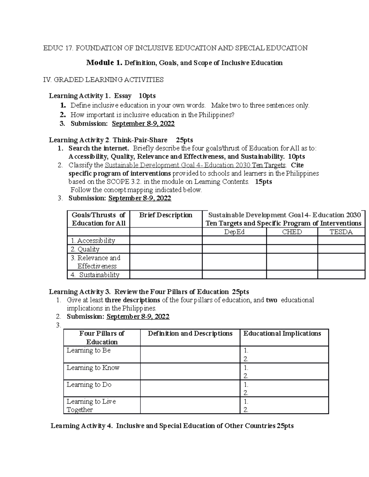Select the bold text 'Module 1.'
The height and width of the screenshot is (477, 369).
(x=104, y=63)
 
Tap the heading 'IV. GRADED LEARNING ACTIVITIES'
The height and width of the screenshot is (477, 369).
(x=103, y=80)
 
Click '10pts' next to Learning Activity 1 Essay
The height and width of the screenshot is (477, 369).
(x=147, y=96)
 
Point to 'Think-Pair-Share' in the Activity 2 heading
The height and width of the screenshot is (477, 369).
(x=140, y=140)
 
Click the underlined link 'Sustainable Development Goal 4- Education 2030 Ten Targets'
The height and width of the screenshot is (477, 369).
(x=195, y=165)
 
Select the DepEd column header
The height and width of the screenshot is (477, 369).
(x=234, y=232)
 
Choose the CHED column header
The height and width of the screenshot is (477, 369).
(x=292, y=232)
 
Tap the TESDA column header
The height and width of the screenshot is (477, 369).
(x=341, y=232)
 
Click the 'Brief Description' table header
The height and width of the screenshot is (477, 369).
(x=166, y=215)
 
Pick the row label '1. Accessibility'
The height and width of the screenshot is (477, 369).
(x=93, y=240)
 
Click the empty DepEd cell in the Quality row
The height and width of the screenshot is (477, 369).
(x=234, y=249)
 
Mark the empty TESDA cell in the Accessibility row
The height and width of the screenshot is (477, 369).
(x=341, y=240)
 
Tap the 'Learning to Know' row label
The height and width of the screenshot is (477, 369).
(x=93, y=368)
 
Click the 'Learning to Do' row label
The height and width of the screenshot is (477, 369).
(x=89, y=385)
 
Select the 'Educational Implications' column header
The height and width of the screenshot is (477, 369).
(x=282, y=334)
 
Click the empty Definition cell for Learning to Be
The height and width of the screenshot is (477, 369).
(x=190, y=354)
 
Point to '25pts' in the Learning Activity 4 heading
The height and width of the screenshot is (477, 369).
(x=285, y=426)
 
